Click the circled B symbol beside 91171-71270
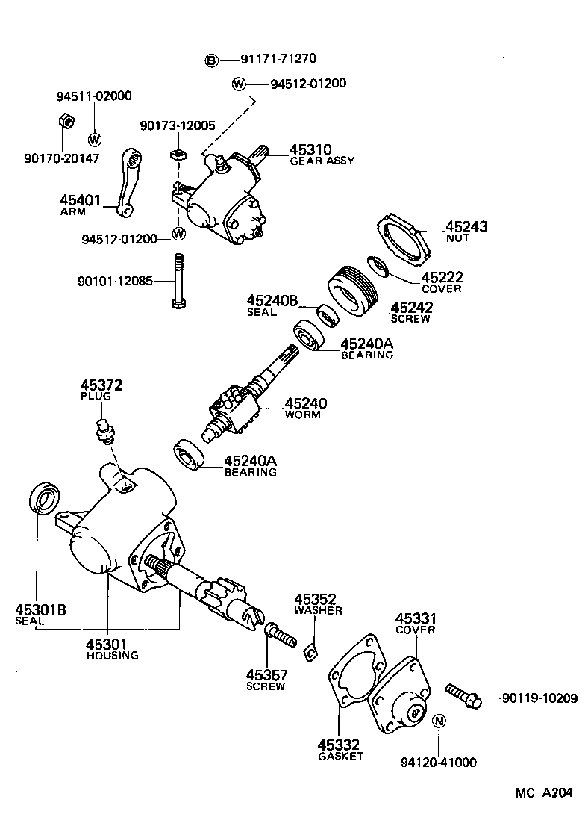click(212, 60)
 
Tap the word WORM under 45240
click(302, 414)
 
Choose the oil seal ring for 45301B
click(46, 498)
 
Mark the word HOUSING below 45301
click(112, 656)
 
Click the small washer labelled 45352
click(310, 653)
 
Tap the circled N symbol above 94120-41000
click(439, 721)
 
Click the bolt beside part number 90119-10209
click(463, 695)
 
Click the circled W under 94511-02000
click(95, 138)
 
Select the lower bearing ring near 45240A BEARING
click(190, 456)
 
